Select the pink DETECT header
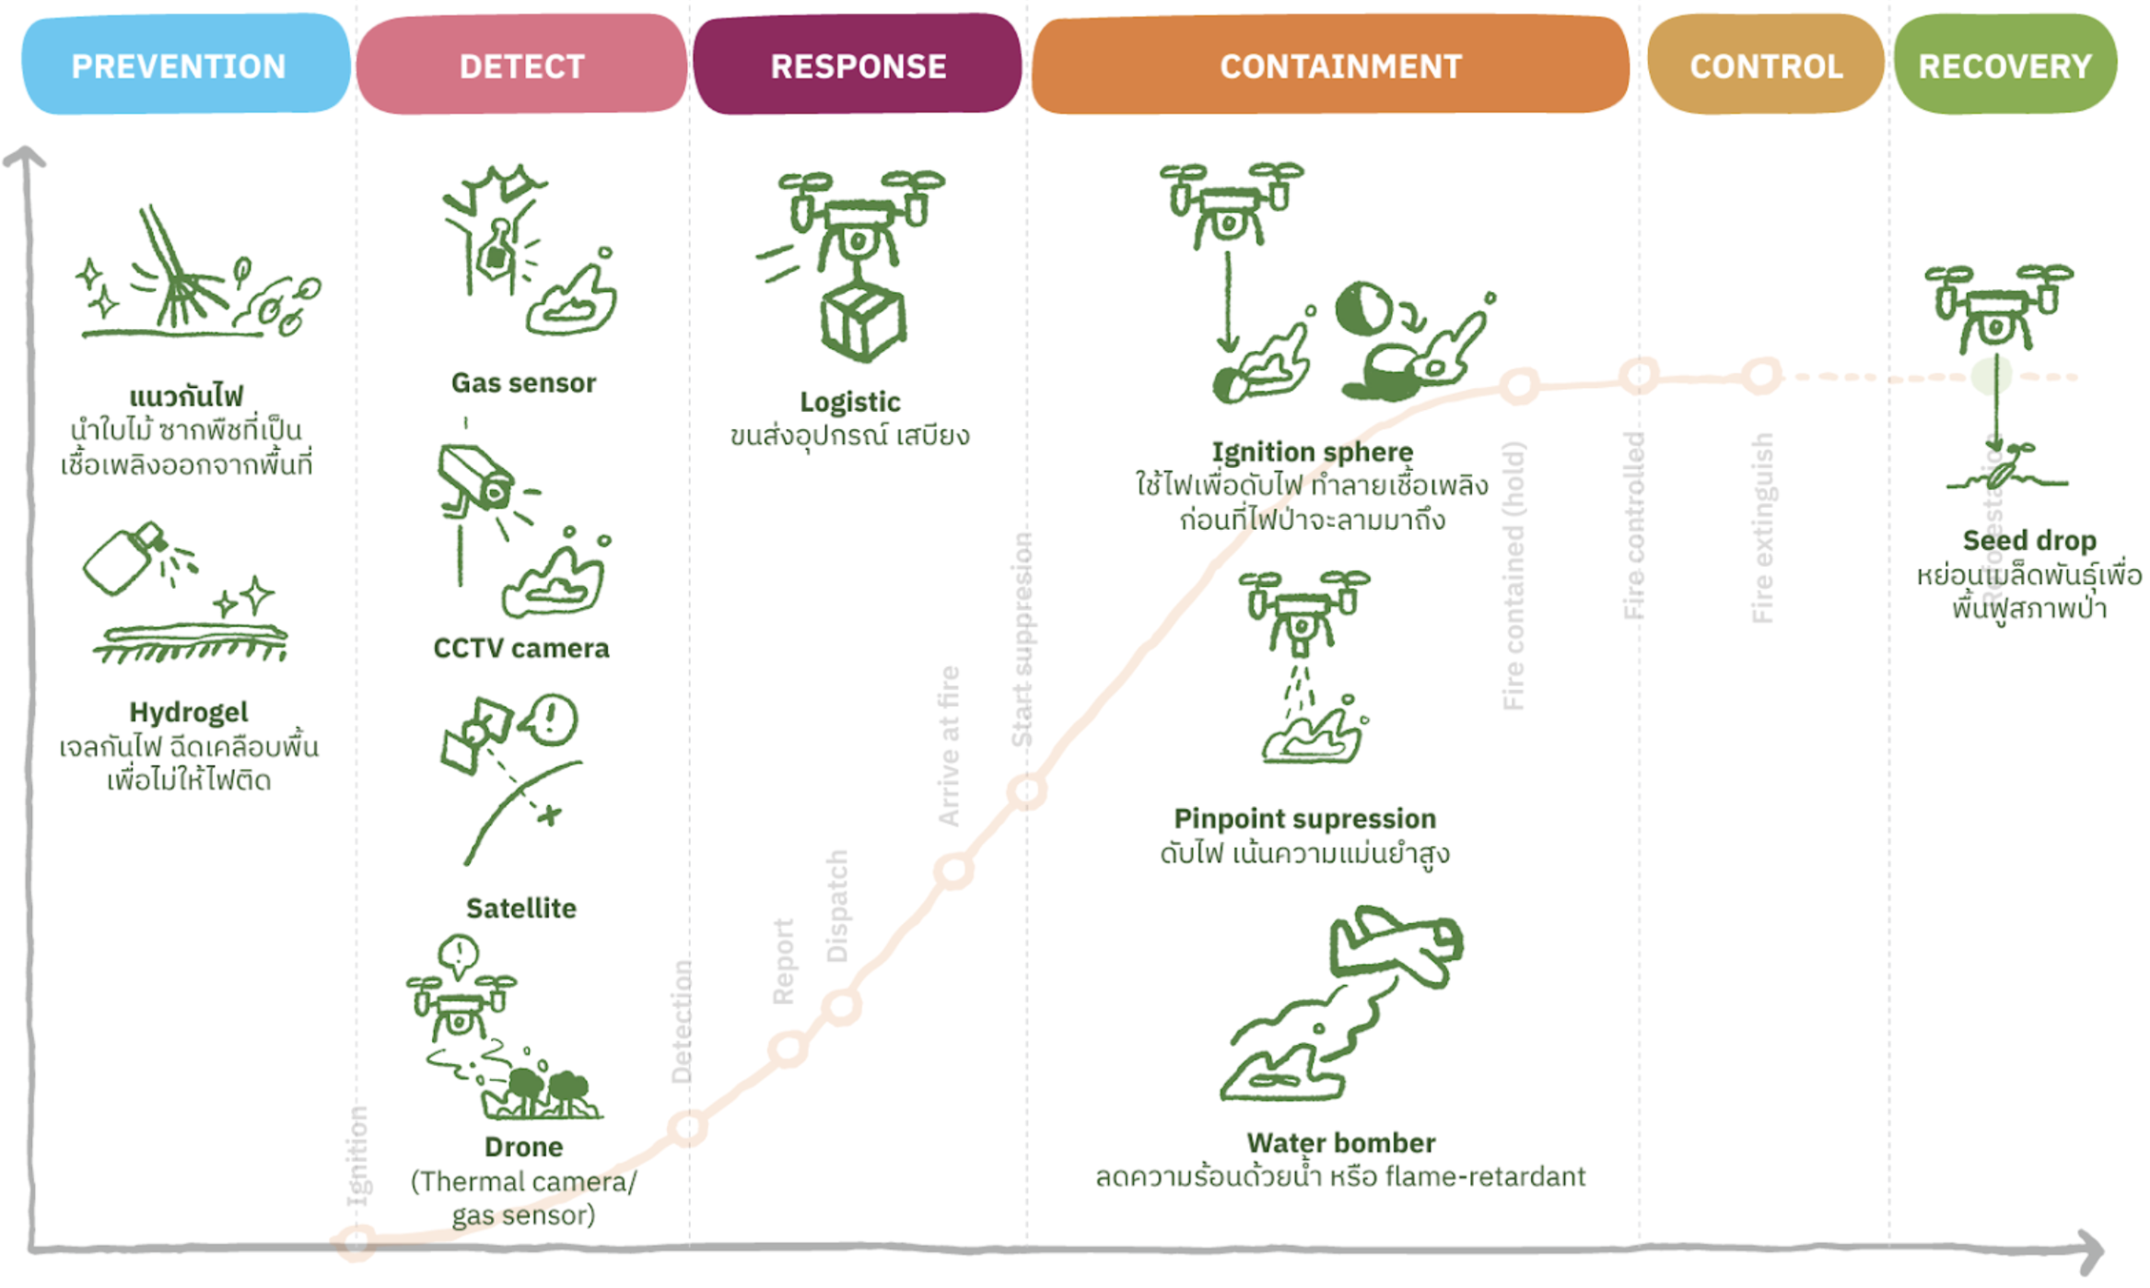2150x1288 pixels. point(521,64)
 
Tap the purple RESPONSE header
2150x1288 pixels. point(858,64)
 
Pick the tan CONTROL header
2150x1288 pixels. point(1765,64)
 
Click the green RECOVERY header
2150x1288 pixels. point(2004,64)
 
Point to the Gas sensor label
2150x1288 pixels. point(523,382)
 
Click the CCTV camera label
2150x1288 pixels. point(521,648)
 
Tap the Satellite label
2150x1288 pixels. point(521,907)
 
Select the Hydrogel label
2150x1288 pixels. point(189,711)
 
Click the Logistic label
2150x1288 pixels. point(849,401)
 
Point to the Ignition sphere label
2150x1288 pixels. point(1312,451)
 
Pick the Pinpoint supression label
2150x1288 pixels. point(1304,818)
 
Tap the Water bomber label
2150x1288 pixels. point(1340,1142)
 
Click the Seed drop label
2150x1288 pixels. point(2028,540)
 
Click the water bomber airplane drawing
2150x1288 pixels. point(1396,949)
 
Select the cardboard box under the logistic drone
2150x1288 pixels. point(862,322)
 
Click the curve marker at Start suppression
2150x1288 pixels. point(1026,790)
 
